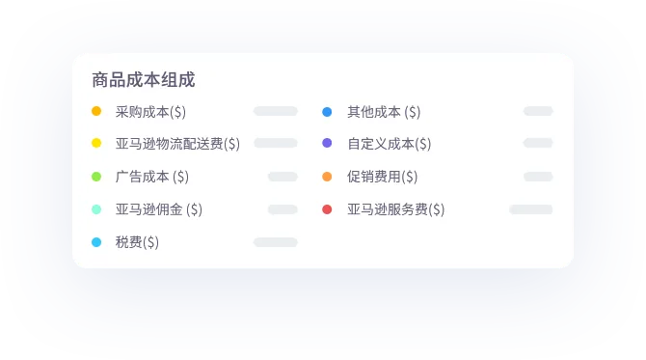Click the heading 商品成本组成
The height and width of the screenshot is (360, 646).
(144, 79)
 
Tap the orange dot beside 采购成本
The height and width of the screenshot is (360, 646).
(96, 111)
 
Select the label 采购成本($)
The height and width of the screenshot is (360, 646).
(150, 112)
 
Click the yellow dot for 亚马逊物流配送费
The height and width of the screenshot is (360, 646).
(96, 143)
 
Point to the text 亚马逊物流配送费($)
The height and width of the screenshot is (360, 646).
(177, 144)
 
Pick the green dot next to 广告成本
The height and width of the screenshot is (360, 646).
(96, 177)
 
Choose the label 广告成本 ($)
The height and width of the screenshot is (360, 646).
(152, 177)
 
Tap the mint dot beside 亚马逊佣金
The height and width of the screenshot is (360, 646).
(96, 209)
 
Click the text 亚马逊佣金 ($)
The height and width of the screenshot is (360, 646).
(159, 209)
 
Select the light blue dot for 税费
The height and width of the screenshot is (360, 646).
(96, 242)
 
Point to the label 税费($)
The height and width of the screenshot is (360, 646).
(137, 242)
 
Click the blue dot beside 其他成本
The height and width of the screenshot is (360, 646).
(327, 112)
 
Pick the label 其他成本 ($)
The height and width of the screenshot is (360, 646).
(384, 112)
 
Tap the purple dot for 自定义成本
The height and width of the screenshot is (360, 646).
(327, 143)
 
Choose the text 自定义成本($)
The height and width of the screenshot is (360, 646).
(390, 144)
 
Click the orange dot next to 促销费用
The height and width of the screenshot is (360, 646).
(327, 177)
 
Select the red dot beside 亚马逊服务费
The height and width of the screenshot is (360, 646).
(327, 209)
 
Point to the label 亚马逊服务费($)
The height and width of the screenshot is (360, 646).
(396, 209)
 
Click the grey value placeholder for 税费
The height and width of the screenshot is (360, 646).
(276, 242)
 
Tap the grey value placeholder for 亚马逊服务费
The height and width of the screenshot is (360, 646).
(531, 209)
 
